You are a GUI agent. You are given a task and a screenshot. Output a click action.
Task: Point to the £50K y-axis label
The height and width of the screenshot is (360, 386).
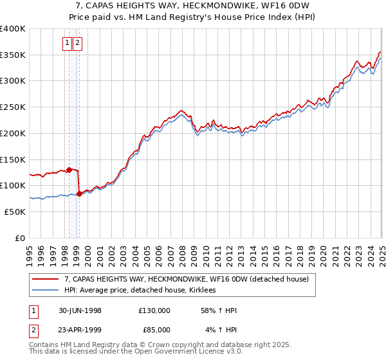click(14, 212)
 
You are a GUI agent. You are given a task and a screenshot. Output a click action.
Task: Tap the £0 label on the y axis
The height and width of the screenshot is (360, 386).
click(20, 238)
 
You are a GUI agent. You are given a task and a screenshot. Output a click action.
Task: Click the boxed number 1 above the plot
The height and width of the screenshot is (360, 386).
click(68, 43)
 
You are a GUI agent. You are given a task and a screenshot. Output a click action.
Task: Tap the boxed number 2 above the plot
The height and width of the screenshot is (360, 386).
click(77, 43)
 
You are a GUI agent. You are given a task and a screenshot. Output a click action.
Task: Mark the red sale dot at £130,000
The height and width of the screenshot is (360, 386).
click(69, 170)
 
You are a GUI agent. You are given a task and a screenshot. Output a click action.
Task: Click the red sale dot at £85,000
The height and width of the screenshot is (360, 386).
click(79, 193)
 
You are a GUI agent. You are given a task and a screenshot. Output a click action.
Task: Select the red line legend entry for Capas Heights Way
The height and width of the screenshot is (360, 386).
click(187, 279)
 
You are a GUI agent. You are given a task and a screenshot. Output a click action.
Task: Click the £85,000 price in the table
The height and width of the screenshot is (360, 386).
click(154, 330)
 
